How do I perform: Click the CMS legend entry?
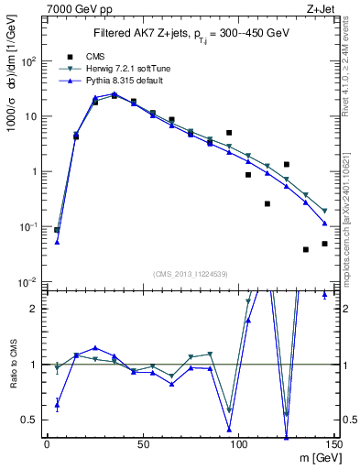pyautogui.click(x=91, y=56)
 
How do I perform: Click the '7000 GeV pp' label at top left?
pyautogui.click(x=73, y=7)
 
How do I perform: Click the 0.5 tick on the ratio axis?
pyautogui.click(x=30, y=420)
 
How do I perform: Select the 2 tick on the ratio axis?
pyautogui.click(x=34, y=309)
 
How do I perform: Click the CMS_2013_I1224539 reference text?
pyautogui.click(x=190, y=274)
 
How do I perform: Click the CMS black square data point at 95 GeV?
pyautogui.click(x=229, y=133)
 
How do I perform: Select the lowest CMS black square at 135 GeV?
pyautogui.click(x=305, y=249)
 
